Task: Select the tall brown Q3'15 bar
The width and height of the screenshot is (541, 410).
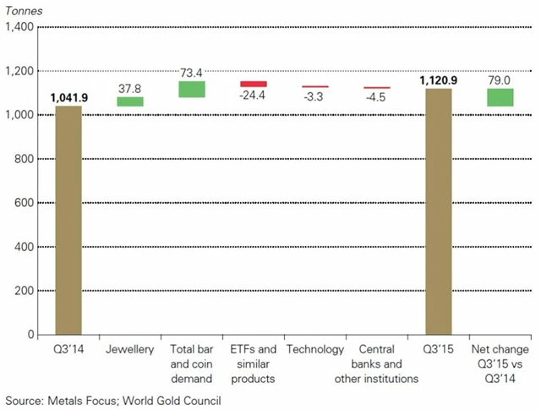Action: click(x=438, y=211)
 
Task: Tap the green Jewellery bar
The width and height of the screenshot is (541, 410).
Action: click(x=130, y=101)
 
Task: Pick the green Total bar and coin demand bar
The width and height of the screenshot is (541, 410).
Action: click(x=192, y=89)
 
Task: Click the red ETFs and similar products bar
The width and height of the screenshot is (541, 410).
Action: click(x=254, y=84)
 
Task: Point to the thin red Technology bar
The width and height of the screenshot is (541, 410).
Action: click(x=315, y=87)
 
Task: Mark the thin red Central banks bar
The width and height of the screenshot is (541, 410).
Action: click(x=376, y=88)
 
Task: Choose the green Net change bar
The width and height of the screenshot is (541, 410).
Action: click(x=500, y=97)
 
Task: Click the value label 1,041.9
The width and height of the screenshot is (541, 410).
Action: click(x=69, y=98)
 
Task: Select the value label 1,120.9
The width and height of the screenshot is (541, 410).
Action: click(x=438, y=81)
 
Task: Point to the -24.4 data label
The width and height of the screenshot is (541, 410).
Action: click(x=254, y=96)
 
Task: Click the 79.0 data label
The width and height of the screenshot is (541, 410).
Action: click(x=500, y=80)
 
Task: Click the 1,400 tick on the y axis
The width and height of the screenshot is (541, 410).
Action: click(x=19, y=27)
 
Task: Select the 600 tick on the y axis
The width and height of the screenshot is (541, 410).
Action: click(x=23, y=203)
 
